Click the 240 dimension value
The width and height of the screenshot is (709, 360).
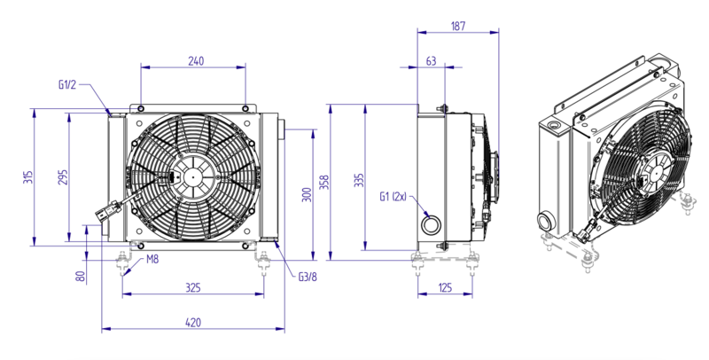(196, 60)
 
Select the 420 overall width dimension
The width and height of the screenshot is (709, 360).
(193, 323)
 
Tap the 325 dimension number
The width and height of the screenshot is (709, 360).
(193, 287)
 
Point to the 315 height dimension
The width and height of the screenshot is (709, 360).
(28, 177)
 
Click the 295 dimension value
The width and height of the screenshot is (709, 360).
(62, 177)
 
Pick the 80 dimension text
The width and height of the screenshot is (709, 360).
(81, 277)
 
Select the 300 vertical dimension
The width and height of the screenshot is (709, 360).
(307, 194)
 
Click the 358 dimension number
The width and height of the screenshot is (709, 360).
(324, 182)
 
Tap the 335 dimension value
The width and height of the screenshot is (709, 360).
(359, 179)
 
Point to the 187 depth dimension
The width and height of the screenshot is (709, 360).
(458, 26)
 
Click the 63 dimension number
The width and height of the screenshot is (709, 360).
(432, 60)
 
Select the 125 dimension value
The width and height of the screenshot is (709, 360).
(446, 287)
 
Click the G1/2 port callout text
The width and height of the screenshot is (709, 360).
(67, 84)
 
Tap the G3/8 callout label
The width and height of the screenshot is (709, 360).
(308, 277)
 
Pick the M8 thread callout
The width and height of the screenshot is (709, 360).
(152, 260)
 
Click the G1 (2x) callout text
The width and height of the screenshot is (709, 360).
(393, 196)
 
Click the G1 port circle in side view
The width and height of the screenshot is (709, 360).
(431, 223)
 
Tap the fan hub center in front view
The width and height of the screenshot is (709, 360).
(193, 176)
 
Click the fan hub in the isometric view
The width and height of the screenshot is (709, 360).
(655, 171)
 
